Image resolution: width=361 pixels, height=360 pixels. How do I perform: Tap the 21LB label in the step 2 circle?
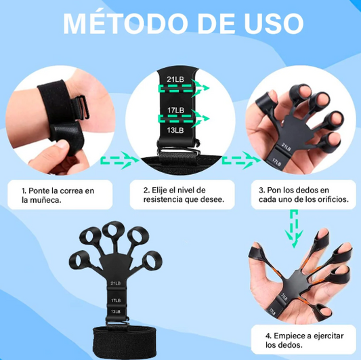(x=175, y=79)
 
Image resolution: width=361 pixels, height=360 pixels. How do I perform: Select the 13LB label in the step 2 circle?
(x=175, y=130)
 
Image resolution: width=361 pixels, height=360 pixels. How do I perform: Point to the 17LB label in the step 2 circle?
(x=175, y=110)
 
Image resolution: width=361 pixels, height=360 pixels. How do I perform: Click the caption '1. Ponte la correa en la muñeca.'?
(x=58, y=195)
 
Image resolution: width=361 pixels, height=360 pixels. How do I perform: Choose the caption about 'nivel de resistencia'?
(x=184, y=195)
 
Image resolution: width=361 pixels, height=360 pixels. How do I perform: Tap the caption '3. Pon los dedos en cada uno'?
(x=303, y=195)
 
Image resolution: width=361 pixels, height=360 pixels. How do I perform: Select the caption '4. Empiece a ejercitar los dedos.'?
(x=304, y=340)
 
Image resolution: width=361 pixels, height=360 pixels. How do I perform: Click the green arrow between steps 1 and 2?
(x=120, y=160)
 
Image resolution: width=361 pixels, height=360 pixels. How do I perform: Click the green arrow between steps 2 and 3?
(x=241, y=160)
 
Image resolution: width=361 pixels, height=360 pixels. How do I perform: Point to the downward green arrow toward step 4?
(x=294, y=228)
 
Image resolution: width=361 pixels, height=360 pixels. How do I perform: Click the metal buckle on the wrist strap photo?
(x=81, y=108)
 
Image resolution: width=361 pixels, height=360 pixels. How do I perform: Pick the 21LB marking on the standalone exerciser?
(x=116, y=283)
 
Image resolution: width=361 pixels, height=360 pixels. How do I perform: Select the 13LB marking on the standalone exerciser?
(x=116, y=312)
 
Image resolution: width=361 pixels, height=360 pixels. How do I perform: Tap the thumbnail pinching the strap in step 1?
(x=62, y=144)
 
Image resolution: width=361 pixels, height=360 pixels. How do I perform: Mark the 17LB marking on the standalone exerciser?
(x=116, y=300)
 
